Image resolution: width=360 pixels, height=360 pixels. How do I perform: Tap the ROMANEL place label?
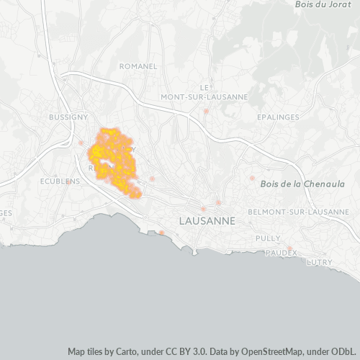[x=139, y=66]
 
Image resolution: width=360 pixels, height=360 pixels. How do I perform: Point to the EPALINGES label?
[x=278, y=116]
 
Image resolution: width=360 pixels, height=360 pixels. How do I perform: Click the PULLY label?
[x=268, y=238]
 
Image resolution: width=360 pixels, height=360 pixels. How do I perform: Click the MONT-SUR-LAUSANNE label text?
[x=204, y=96]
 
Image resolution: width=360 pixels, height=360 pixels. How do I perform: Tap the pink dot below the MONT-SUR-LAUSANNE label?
[x=206, y=111]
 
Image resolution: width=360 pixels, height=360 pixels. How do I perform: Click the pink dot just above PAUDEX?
[x=289, y=248]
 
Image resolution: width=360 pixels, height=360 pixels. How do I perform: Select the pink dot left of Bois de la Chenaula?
[x=252, y=178]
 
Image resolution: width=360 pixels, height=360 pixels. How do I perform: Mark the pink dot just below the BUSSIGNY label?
[x=81, y=143]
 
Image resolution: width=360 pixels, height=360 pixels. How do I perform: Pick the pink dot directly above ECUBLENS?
[x=69, y=181]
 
